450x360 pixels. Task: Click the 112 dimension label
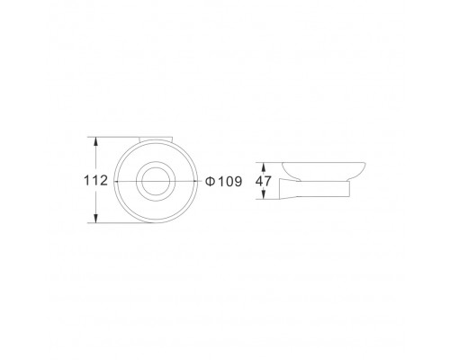[95, 181]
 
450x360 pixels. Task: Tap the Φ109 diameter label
[223, 181]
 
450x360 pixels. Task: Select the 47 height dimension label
[264, 181]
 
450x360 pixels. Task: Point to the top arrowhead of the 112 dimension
[95, 142]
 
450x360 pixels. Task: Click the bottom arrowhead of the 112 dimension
[95, 218]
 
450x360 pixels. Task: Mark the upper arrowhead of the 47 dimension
[264, 166]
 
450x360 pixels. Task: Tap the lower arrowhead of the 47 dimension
[264, 194]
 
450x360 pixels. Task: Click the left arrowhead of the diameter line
[117, 181]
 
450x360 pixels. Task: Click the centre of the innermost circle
[156, 181]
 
